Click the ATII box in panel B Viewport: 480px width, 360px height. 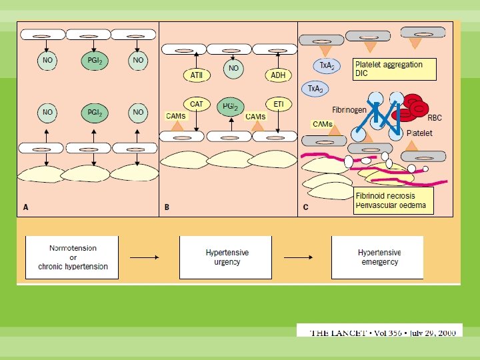pyautogui.click(x=197, y=75)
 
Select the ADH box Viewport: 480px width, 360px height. pyautogui.click(x=278, y=75)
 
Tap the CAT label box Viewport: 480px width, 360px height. pyautogui.click(x=197, y=105)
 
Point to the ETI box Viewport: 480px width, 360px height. pyautogui.click(x=278, y=105)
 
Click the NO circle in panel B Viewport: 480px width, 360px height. pyautogui.click(x=233, y=69)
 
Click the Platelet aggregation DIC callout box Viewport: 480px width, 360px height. pyautogui.click(x=395, y=69)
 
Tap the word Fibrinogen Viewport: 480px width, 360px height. pyautogui.click(x=349, y=109)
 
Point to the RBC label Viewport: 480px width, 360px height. pyautogui.click(x=434, y=118)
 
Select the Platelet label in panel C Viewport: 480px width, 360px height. pyautogui.click(x=419, y=133)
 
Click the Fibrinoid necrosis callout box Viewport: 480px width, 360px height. pyautogui.click(x=393, y=200)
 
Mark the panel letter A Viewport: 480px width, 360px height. pyautogui.click(x=26, y=207)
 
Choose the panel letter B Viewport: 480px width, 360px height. pyautogui.click(x=167, y=207)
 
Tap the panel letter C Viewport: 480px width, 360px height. pyautogui.click(x=305, y=207)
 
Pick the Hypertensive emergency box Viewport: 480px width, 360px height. pyautogui.click(x=377, y=257)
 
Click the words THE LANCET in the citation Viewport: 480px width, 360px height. pyautogui.click(x=337, y=332)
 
